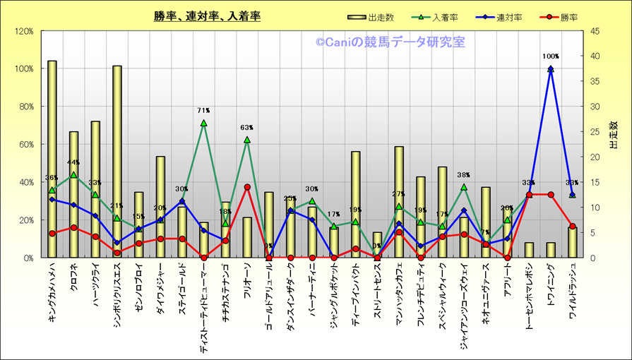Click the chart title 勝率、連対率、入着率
coord(207,16)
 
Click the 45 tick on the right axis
coord(597,31)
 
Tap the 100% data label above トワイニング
coord(551,56)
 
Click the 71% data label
coord(203,111)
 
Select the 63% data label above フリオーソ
coord(247,128)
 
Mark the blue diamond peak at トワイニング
coord(551,69)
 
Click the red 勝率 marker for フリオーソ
coord(247,187)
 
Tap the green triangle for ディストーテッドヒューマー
coord(203,123)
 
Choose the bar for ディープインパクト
coord(356,205)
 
